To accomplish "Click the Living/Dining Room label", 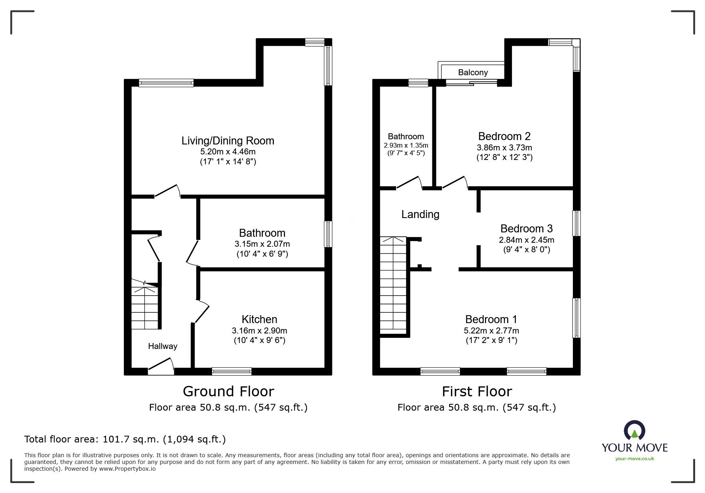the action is tap(228, 140).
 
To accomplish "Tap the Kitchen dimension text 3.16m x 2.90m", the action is tap(260, 331).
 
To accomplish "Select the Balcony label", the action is tap(473, 72).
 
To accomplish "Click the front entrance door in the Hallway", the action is tap(161, 366).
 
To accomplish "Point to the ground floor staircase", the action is tap(145, 304).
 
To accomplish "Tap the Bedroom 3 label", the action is tap(526, 228).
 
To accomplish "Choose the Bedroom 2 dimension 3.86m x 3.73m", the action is tap(504, 148).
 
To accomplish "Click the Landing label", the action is tap(420, 214).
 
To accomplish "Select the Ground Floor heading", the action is tap(228, 392).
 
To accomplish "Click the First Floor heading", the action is tap(477, 392).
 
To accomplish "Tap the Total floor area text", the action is tap(125, 439).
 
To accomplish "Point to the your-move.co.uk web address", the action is tap(635, 459).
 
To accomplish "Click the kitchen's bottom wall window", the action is tap(232, 371).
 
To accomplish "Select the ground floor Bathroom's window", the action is tap(328, 234).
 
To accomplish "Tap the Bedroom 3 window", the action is tap(576, 223).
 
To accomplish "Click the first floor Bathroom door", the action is tap(409, 183).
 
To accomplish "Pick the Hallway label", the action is tap(162, 346).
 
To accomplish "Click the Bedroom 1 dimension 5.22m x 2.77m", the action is tap(491, 331).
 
